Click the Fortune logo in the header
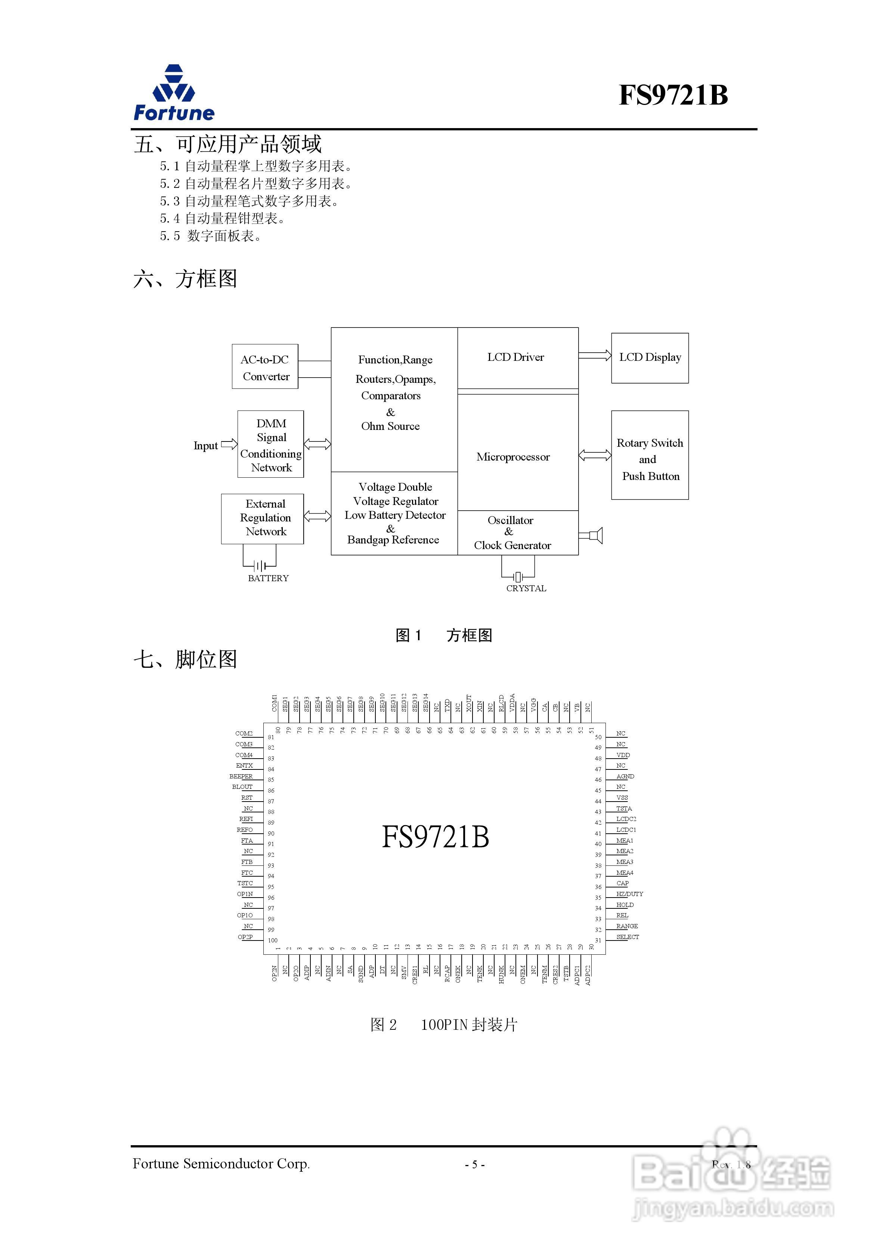coord(174,93)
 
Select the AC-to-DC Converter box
coord(265,367)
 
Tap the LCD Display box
coord(650,358)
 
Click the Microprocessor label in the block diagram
coord(512,457)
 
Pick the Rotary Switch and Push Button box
coord(650,455)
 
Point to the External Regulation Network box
coord(263,518)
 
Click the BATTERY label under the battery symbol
coord(268,579)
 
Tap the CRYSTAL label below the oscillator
coord(526,588)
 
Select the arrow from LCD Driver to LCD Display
coord(595,356)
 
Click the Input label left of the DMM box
coord(205,446)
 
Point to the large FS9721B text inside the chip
coord(435,837)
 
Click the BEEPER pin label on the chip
coord(241,777)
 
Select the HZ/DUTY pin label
coord(629,894)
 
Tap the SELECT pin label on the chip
coord(627,937)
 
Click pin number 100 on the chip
coord(272,940)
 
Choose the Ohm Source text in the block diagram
coord(390,426)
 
